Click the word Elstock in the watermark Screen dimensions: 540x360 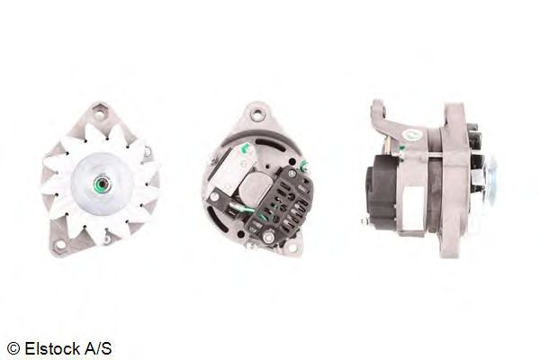coord(51,348)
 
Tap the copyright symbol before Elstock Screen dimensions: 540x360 coord(13,348)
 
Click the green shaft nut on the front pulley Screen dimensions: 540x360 coord(102,185)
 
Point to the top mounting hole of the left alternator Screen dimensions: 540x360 coord(100,113)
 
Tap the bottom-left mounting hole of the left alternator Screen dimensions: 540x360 coord(60,246)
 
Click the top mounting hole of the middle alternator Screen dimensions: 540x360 coord(256,114)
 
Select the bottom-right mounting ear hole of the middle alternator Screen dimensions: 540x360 coord(292,247)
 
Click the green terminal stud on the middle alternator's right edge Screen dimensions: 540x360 coord(304,166)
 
